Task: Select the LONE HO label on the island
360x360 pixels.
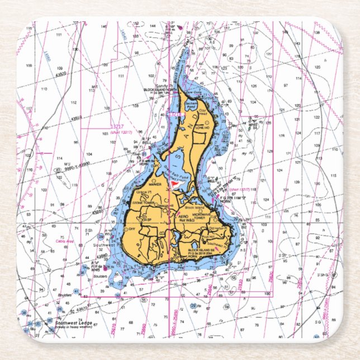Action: click(203, 127)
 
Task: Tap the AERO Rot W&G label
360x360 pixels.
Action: click(182, 217)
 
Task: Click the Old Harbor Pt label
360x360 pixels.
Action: click(217, 228)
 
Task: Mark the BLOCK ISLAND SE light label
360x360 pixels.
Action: click(201, 251)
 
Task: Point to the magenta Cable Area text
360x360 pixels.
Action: click(66, 241)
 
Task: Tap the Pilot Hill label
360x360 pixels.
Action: click(216, 237)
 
